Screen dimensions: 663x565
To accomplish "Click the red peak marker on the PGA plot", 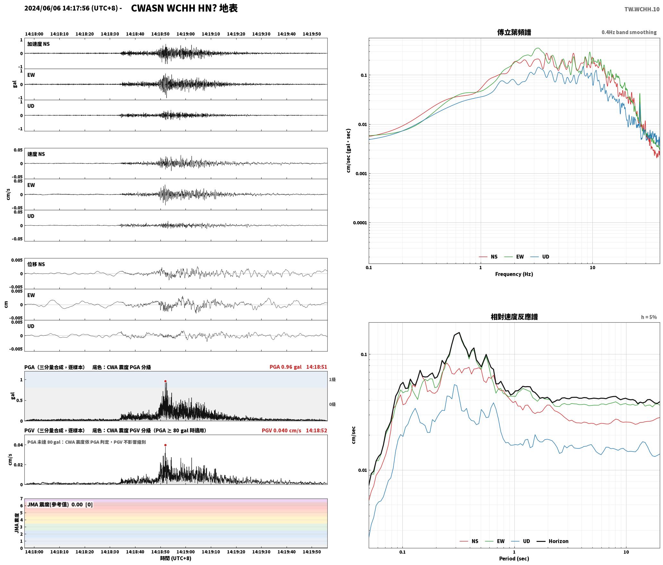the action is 165,381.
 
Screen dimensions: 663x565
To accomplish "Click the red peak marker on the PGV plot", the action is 165,445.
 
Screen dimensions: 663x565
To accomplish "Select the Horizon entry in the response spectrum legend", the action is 553,541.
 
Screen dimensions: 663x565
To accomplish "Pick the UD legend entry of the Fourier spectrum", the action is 540,257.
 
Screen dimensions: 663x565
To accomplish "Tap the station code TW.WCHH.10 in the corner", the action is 642,9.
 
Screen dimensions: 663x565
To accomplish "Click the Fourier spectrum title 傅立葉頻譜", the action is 514,32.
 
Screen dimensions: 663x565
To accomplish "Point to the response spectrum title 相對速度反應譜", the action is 514,317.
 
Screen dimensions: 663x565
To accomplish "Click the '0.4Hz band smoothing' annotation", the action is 629,32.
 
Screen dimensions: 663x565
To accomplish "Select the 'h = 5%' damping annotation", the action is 649,317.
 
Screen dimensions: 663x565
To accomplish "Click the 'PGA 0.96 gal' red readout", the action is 286,367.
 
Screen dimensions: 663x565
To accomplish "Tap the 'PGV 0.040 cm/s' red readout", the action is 281,430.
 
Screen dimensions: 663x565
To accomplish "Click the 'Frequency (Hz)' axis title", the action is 514,274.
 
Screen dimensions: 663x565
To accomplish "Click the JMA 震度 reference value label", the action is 60,505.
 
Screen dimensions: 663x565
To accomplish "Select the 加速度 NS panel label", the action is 39,44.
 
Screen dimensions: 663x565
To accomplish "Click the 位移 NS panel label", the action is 36,264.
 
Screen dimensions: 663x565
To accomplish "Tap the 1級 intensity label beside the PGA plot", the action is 332,380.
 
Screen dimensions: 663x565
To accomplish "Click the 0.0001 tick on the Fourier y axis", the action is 360,223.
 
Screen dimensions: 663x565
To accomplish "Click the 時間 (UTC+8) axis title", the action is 176,559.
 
